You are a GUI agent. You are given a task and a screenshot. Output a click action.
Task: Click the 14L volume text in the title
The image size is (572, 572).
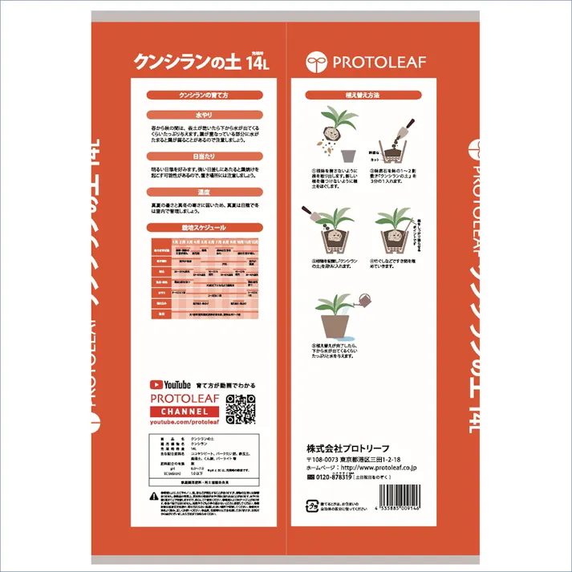click(x=256, y=61)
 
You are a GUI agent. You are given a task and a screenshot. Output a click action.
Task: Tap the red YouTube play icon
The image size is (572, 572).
click(x=156, y=385)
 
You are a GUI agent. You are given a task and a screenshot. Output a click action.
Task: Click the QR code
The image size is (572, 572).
click(x=240, y=408)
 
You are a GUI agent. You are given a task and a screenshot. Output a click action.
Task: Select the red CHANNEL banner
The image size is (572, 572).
click(x=185, y=412)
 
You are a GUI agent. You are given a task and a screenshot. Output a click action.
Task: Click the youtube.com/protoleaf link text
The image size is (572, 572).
click(x=184, y=422)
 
